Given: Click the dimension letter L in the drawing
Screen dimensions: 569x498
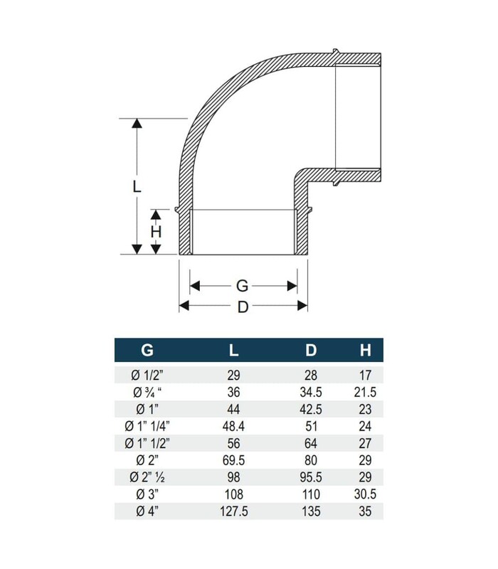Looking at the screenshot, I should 137,186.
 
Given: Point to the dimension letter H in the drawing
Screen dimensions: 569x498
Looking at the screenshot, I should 156,231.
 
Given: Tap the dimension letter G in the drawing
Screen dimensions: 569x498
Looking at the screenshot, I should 242,286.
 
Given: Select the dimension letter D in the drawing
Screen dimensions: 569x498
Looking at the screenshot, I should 243,307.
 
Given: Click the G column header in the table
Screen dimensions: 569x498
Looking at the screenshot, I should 147,350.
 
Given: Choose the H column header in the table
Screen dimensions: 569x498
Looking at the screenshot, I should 365,350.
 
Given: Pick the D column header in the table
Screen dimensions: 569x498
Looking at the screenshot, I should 310,350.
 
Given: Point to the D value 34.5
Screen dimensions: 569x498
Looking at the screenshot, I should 310,392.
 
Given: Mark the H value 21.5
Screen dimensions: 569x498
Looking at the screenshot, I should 365,392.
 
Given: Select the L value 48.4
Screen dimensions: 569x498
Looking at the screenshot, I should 235,425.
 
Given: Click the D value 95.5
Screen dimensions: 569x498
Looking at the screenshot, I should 310,477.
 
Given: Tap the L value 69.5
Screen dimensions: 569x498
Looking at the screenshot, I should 235,459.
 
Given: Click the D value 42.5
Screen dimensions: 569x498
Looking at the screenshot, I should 310,409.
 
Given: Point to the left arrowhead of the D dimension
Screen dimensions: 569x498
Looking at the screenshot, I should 182,307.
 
